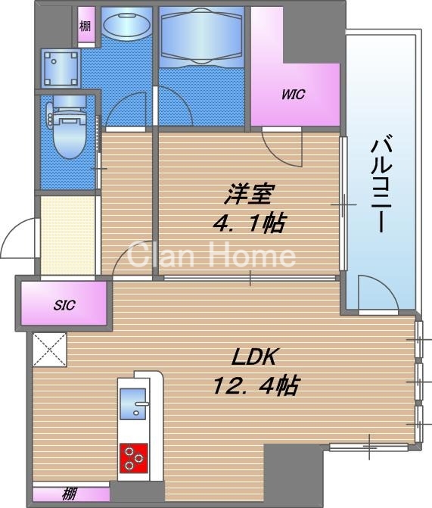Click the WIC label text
(294, 95)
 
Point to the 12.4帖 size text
(253, 387)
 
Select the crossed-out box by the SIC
(49, 349)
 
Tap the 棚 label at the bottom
(69, 495)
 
